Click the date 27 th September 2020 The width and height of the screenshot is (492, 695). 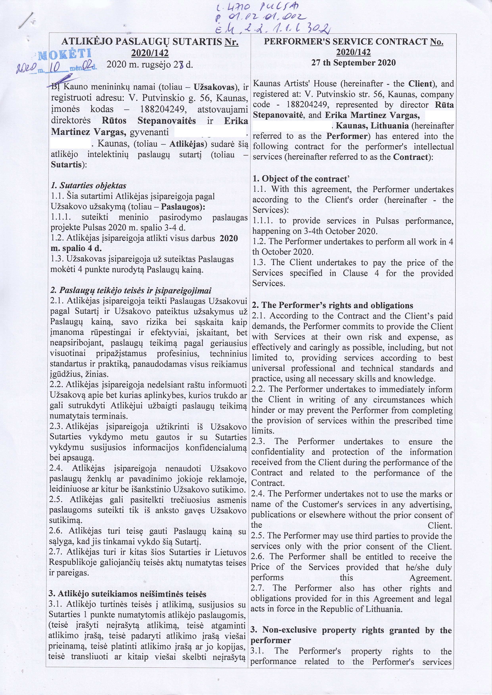[x=354, y=63]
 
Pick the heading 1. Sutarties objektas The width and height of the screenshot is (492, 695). [x=88, y=185]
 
